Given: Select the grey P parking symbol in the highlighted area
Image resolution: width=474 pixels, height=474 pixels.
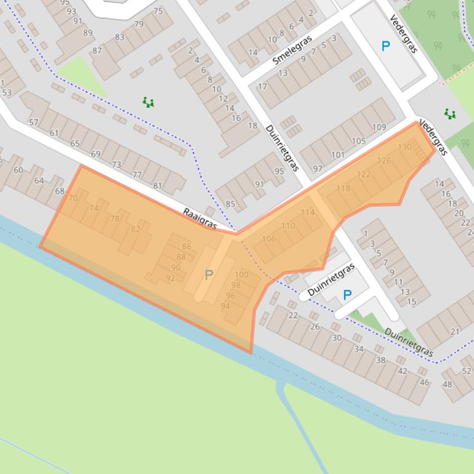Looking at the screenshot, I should [209, 275].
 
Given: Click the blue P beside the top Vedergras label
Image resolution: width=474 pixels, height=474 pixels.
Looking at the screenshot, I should [385, 46].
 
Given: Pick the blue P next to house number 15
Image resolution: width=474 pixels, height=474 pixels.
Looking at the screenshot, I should [347, 295].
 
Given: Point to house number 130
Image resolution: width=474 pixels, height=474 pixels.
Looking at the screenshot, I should [404, 147].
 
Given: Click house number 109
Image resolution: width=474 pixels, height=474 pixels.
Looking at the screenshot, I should [379, 127].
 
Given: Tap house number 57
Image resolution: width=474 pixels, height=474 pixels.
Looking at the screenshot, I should [33, 123].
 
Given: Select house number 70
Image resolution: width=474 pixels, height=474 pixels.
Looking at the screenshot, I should [73, 198].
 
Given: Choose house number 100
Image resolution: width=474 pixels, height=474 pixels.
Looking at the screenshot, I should [242, 275].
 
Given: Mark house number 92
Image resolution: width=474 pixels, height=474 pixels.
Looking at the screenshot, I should [171, 278].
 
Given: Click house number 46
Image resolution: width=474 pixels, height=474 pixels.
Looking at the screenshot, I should [424, 382].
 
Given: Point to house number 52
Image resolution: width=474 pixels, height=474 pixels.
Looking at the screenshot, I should [467, 371].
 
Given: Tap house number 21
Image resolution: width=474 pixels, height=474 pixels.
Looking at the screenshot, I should [454, 332].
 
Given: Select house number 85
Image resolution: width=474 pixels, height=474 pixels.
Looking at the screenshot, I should [230, 204].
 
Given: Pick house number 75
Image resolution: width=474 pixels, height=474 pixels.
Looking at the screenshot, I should [158, 11].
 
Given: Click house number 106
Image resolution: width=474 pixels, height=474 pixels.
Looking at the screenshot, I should [268, 239].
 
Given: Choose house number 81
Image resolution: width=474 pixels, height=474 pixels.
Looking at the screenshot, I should [158, 186].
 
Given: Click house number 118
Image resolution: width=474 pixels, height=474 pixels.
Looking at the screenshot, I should [343, 188].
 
